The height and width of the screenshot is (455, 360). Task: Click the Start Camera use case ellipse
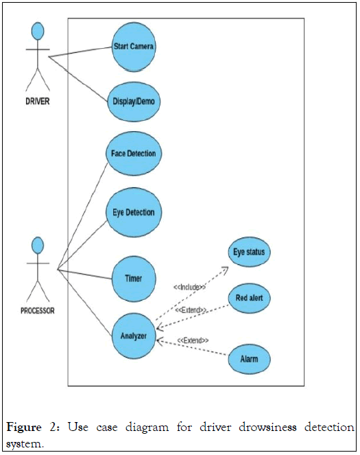coord(134,47)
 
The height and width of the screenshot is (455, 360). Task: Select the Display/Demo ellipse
coord(134,102)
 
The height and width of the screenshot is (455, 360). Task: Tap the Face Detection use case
coord(134,153)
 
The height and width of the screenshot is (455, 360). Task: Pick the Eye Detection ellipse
coord(134,212)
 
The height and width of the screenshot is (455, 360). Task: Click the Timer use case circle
coord(134,279)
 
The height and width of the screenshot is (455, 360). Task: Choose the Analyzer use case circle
coord(134,336)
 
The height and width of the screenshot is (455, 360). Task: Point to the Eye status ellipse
coord(249,252)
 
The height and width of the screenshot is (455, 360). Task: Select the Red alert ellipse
coord(249,298)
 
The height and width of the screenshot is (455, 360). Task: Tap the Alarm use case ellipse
coord(249,359)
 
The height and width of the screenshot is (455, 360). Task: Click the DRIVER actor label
coord(38,102)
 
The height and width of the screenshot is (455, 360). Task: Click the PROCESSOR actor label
coord(38,311)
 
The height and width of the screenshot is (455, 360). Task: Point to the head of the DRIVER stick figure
coord(38,31)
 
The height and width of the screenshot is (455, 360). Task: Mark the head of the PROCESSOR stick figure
coord(38,245)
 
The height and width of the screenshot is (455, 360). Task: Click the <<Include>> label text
coord(189,287)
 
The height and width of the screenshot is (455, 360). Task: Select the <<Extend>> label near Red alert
coord(191,310)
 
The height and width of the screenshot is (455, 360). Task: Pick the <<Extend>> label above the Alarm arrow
coord(193,340)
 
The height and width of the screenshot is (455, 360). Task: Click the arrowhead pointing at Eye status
coord(224,270)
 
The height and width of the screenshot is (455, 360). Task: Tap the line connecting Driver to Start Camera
coord(80,52)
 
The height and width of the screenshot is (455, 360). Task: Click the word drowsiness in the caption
coord(267,427)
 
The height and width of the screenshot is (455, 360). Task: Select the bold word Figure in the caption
coord(24,428)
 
